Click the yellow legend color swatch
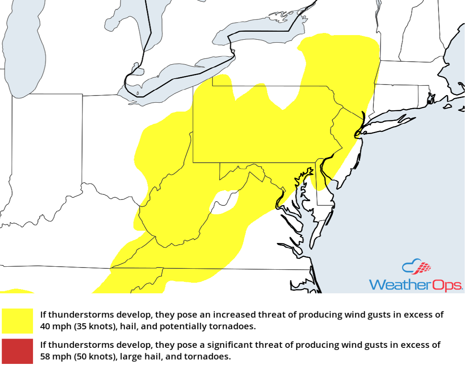click(x=17, y=321)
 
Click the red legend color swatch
click(x=17, y=351)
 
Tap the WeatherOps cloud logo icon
click(x=417, y=268)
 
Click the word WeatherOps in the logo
click(x=416, y=285)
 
